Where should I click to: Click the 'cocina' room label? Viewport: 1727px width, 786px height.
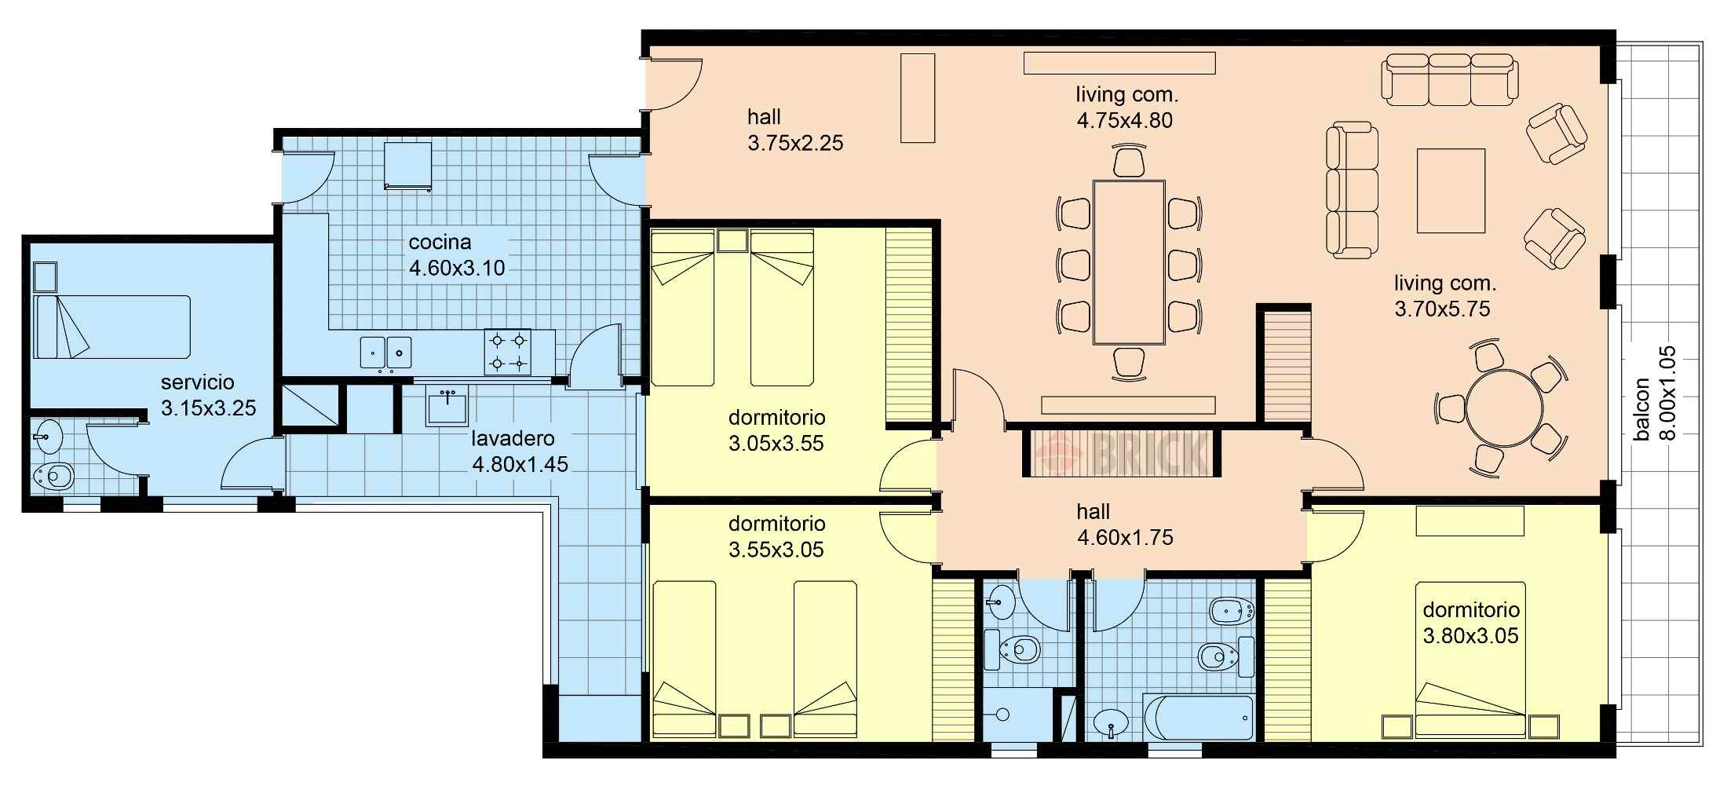(440, 242)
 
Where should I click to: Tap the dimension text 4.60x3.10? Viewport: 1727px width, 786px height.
(457, 269)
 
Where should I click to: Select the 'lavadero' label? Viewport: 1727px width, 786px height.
(513, 438)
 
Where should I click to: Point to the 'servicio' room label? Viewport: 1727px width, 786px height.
(197, 382)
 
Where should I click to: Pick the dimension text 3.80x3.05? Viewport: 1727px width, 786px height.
(1470, 636)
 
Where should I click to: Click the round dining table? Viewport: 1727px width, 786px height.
(1504, 409)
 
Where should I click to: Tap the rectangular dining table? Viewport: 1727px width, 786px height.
(1129, 261)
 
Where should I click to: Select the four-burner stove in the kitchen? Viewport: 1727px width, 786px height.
(507, 351)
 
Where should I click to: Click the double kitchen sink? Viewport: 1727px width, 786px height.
(386, 353)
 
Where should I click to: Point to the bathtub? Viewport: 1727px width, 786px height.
(1198, 718)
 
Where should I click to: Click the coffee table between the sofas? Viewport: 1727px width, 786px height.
(1451, 191)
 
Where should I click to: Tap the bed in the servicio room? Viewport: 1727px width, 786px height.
(113, 327)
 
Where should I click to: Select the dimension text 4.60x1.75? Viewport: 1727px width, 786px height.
(1125, 538)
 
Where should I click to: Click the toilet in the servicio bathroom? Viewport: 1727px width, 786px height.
(54, 475)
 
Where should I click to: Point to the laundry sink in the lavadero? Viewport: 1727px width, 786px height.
(447, 406)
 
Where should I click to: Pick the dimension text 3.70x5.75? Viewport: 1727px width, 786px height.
(1442, 309)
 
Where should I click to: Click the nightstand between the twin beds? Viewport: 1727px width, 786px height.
(732, 240)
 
